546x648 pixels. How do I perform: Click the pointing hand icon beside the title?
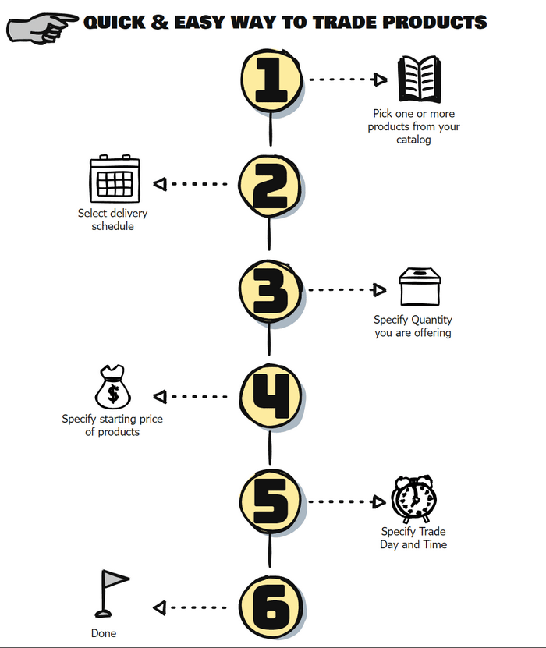41,29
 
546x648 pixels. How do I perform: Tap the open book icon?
419,79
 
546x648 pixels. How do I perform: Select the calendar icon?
115,179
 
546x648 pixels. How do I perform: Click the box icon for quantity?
420,286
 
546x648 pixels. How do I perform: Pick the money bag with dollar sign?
113,387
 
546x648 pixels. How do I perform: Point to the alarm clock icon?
413,499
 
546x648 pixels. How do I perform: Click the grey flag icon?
112,594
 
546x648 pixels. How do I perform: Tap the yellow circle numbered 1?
271,80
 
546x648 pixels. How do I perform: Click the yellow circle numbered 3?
270,291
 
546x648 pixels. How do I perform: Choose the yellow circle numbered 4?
271,396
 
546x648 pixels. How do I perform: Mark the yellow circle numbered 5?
271,501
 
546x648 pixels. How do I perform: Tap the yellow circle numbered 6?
271,607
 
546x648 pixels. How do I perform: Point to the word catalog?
413,140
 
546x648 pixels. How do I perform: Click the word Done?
104,633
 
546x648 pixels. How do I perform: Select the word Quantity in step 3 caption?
432,320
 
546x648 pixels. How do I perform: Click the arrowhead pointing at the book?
379,80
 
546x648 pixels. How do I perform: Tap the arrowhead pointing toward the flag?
160,607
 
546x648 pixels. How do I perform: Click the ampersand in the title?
160,23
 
